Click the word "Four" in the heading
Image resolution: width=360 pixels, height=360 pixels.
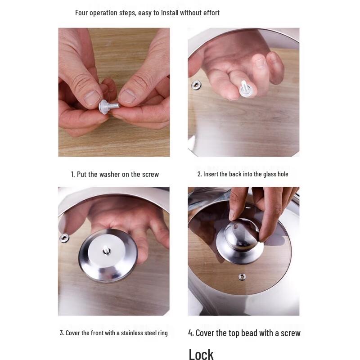coord(81,13)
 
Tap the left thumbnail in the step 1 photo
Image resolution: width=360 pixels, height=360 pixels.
coord(92,98)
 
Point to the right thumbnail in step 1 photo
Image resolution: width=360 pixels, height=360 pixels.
coord(128,96)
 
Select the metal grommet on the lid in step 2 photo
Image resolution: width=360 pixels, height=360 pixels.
coord(196,85)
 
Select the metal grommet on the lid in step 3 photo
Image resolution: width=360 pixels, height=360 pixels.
coord(64,238)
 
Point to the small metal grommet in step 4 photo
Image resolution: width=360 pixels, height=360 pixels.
coord(242,277)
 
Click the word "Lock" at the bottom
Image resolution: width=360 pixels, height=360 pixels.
coord(201,354)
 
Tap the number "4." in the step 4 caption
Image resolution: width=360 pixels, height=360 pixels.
coord(191,333)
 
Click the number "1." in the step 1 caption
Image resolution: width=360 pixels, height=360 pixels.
coord(73,175)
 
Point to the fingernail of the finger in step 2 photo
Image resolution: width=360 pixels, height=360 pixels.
coord(260,63)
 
